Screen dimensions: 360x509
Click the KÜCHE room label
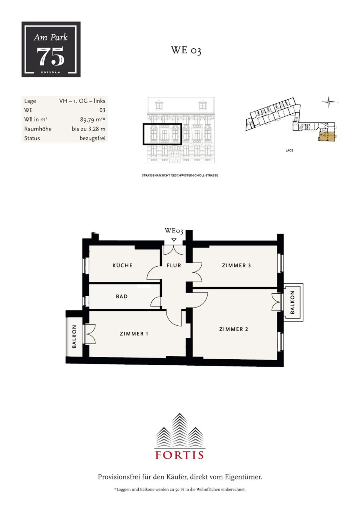(x=122, y=265)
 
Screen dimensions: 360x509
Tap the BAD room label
(x=122, y=296)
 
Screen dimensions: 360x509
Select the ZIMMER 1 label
(x=134, y=334)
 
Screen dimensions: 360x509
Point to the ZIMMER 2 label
(x=233, y=329)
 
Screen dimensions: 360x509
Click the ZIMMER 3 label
(x=236, y=265)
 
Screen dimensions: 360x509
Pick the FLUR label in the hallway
(x=174, y=265)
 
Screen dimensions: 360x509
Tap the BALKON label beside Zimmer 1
(x=74, y=337)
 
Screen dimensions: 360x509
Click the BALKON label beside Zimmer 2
(x=292, y=302)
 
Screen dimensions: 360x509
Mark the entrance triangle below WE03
(x=174, y=239)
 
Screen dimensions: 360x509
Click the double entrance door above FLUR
(x=173, y=250)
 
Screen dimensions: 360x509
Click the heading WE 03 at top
(x=186, y=50)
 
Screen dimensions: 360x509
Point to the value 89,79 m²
(x=93, y=119)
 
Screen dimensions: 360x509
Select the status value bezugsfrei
(x=92, y=138)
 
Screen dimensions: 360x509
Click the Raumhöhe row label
(x=38, y=129)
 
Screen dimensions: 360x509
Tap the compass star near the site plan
(x=329, y=102)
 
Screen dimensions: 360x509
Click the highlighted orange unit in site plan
(x=328, y=136)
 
